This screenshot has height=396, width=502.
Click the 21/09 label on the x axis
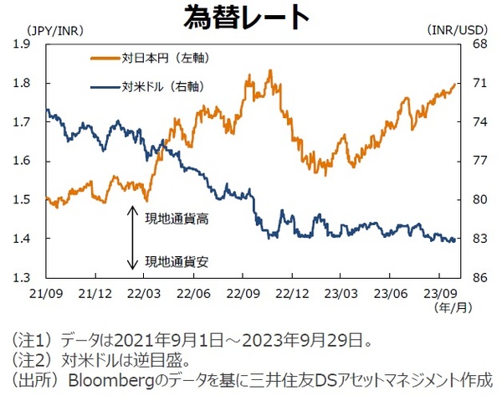point(45,294)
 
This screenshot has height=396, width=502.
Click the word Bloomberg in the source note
point(103,378)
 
